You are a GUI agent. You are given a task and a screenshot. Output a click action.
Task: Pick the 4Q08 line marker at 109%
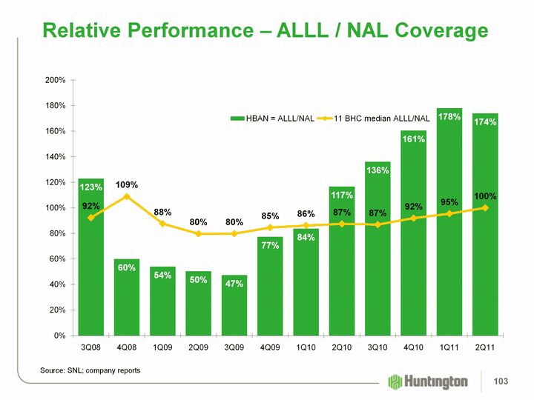[x=127, y=196]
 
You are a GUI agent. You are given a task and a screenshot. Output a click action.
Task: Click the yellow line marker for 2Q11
[x=485, y=207]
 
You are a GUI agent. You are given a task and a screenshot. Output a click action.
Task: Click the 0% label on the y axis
[x=61, y=336]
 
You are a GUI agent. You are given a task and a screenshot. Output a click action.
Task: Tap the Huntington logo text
[x=438, y=381]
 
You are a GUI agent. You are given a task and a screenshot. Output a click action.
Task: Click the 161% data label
[x=414, y=139]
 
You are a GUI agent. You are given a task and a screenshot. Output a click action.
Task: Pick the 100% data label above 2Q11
[x=485, y=196]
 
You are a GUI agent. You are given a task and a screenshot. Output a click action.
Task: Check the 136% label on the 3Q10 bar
[x=378, y=170]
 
